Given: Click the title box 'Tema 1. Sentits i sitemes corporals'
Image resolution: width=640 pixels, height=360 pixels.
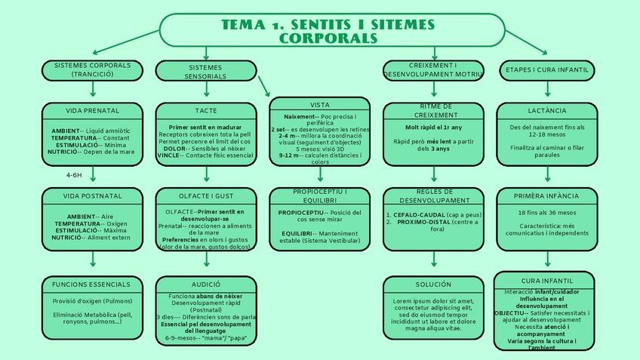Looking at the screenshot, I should point(331,30).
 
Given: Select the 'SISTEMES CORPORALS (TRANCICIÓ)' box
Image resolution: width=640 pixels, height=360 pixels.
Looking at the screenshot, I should point(93,70).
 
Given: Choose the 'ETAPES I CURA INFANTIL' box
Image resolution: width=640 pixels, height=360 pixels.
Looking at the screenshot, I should point(546,70).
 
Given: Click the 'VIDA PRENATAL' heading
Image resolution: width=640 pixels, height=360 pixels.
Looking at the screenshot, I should point(93,111).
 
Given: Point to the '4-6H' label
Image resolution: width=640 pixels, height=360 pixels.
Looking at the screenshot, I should point(74,175).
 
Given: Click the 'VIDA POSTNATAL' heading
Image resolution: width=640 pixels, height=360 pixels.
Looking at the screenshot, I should point(93,195).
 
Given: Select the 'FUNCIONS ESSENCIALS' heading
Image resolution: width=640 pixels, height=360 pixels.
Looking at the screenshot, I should point(93,285).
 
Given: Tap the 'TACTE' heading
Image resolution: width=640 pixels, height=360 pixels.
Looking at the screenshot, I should point(206,111).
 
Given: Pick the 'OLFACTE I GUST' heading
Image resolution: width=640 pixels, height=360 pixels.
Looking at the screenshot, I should point(206,195).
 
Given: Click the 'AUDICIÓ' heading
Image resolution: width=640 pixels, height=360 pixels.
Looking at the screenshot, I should point(206,285).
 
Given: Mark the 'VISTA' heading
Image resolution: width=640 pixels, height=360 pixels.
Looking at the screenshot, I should point(320,104).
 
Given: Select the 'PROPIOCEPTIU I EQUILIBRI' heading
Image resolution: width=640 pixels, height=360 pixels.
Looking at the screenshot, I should point(320,195).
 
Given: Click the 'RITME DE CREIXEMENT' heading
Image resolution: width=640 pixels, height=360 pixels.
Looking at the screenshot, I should point(434,111).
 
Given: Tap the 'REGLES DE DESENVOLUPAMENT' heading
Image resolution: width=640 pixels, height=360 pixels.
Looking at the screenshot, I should point(434,196).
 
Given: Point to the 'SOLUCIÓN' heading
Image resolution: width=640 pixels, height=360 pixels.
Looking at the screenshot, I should point(434,285).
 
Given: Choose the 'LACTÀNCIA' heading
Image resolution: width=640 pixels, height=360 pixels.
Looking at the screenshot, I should point(546,111).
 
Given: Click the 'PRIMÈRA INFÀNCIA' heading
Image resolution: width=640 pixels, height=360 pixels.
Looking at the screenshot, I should point(546,195).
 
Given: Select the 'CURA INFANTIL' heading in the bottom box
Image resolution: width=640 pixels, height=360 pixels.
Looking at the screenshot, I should point(546,281).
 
